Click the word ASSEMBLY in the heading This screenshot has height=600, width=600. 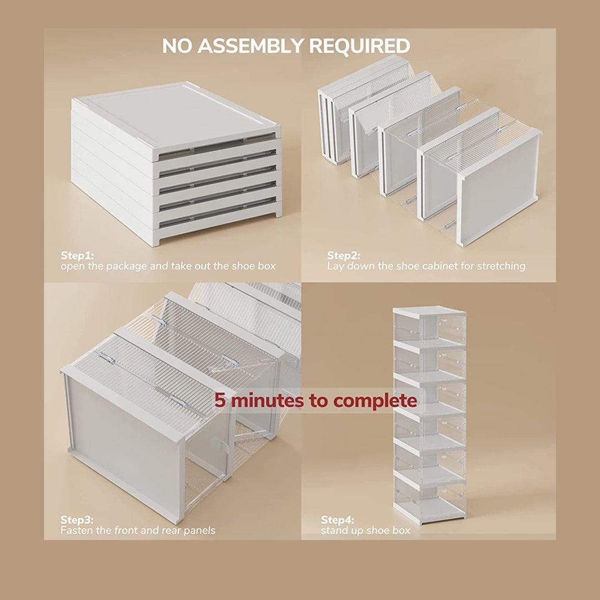(x=251, y=46)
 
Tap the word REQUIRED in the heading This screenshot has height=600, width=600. (x=359, y=46)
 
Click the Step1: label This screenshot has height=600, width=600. (x=77, y=256)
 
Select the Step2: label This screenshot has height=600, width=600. (x=343, y=256)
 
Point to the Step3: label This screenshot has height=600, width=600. (x=77, y=520)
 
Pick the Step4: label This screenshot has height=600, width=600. (x=338, y=520)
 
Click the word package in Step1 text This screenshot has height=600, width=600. (x=127, y=267)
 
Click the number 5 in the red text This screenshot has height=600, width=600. (x=219, y=401)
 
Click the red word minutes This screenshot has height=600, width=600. (x=268, y=401)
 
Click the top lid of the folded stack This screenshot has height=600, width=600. (x=176, y=119)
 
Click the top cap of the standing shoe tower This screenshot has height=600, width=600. (x=429, y=310)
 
